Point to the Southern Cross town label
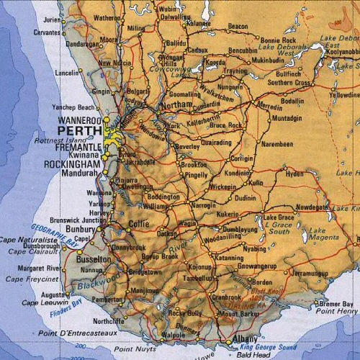[x=290, y=83]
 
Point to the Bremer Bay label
[x=336, y=303]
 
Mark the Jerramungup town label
[x=312, y=274]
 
